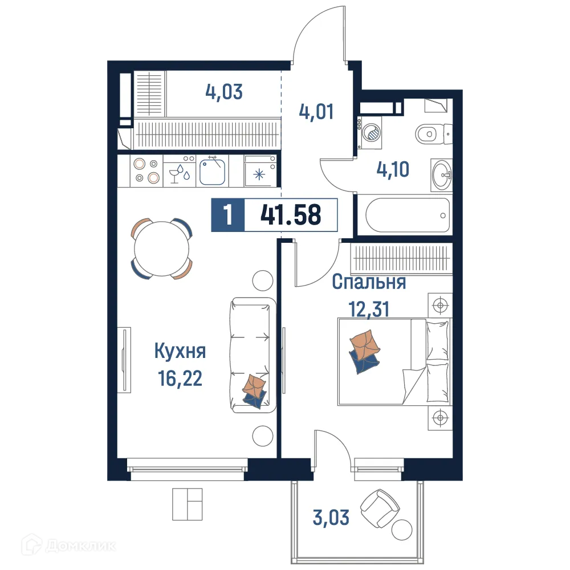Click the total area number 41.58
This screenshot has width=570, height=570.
click(x=291, y=215)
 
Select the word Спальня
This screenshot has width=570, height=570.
click(x=369, y=282)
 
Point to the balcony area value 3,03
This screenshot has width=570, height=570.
click(x=331, y=518)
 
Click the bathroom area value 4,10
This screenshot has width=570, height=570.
click(x=393, y=170)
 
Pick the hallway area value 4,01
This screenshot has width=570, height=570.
click(x=316, y=111)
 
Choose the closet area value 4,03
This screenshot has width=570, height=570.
click(x=225, y=92)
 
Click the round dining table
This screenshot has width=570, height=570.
click(x=162, y=249)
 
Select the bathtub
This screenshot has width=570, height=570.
click(x=406, y=215)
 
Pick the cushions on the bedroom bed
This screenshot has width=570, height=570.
click(x=363, y=352)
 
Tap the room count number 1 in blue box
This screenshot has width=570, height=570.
click(x=228, y=215)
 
